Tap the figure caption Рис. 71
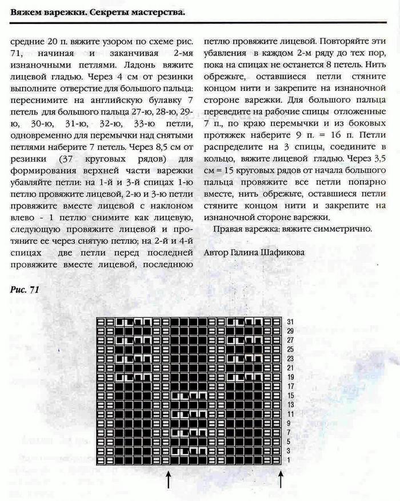coord(25,290)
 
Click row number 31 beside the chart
coord(290,322)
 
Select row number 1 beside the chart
coord(290,460)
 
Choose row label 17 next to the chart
coord(290,386)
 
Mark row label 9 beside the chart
coord(290,424)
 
